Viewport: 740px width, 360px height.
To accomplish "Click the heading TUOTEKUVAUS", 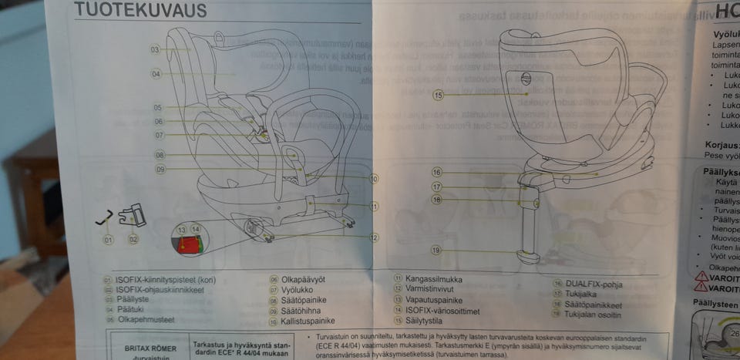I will point(140,10).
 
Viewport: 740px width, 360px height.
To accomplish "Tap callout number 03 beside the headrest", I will point(155,49).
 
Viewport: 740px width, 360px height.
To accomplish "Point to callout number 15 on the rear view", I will point(438,96).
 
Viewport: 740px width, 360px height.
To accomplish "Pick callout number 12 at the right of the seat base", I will point(373,238).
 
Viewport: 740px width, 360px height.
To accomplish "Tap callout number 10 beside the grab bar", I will point(373,179).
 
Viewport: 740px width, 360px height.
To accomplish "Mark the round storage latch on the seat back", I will point(526,77).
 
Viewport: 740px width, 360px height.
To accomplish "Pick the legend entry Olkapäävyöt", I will point(305,280).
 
